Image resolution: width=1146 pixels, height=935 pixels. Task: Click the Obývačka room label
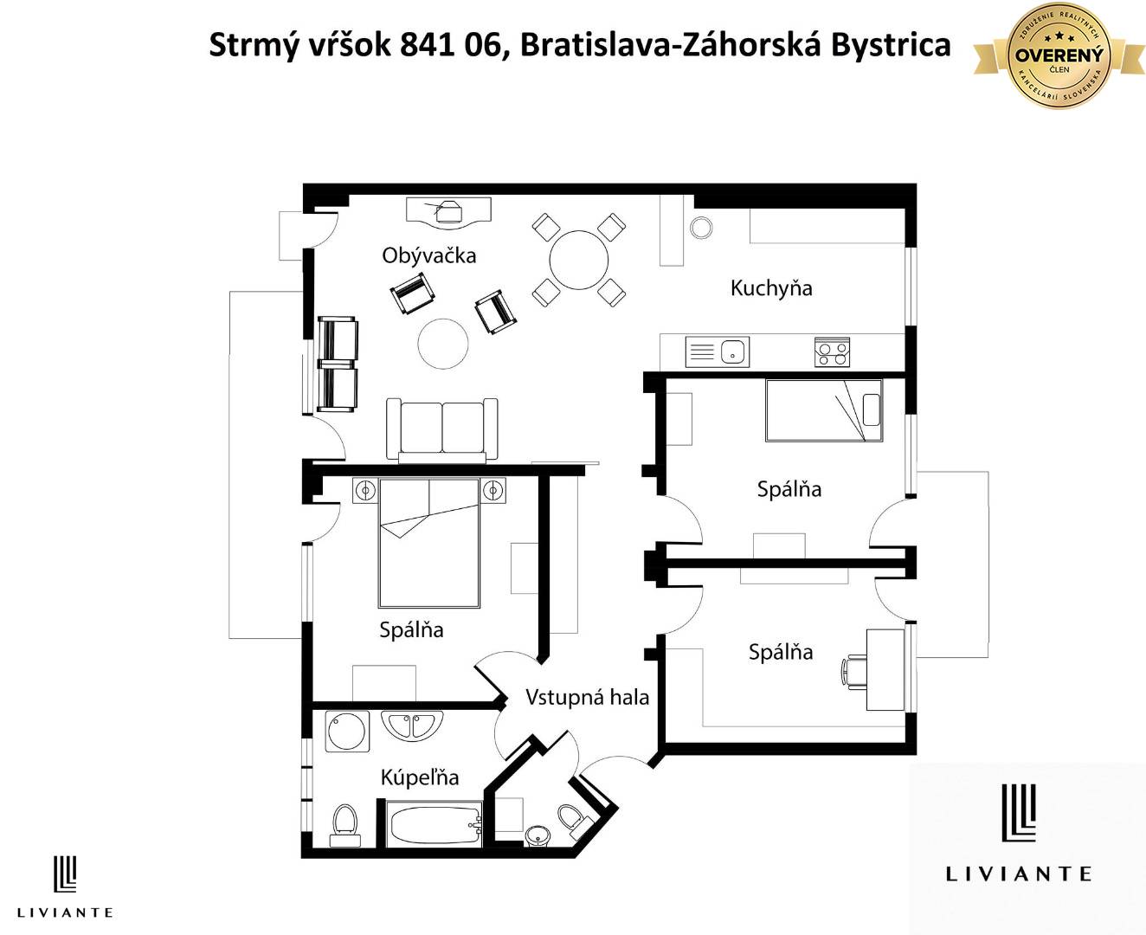point(428,255)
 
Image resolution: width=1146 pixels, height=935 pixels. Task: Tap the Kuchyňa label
point(770,288)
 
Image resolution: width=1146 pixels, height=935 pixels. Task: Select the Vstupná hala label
point(587,697)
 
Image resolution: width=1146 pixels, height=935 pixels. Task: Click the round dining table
point(579,259)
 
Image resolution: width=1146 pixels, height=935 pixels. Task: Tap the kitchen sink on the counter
point(718,352)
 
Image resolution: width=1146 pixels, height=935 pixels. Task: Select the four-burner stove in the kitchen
point(832,352)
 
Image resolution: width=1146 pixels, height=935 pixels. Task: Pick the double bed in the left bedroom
point(428,543)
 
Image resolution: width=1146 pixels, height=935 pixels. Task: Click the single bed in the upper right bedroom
point(823,410)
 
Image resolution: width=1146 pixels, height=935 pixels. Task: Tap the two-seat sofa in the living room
point(441,430)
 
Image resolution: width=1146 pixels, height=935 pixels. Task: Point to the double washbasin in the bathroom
point(412,725)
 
